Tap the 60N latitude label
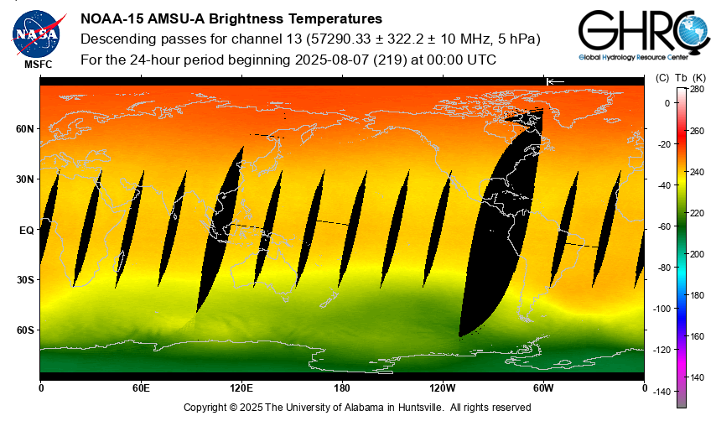[26, 129]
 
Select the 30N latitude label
[26, 179]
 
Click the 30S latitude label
[26, 280]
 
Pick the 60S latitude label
[26, 330]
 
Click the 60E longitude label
[141, 388]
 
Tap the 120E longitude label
[241, 388]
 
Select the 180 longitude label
[342, 388]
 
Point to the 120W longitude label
[443, 388]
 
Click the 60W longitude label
[543, 388]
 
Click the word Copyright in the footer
[207, 408]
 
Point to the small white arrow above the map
[555, 81]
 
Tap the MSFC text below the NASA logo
[36, 64]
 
